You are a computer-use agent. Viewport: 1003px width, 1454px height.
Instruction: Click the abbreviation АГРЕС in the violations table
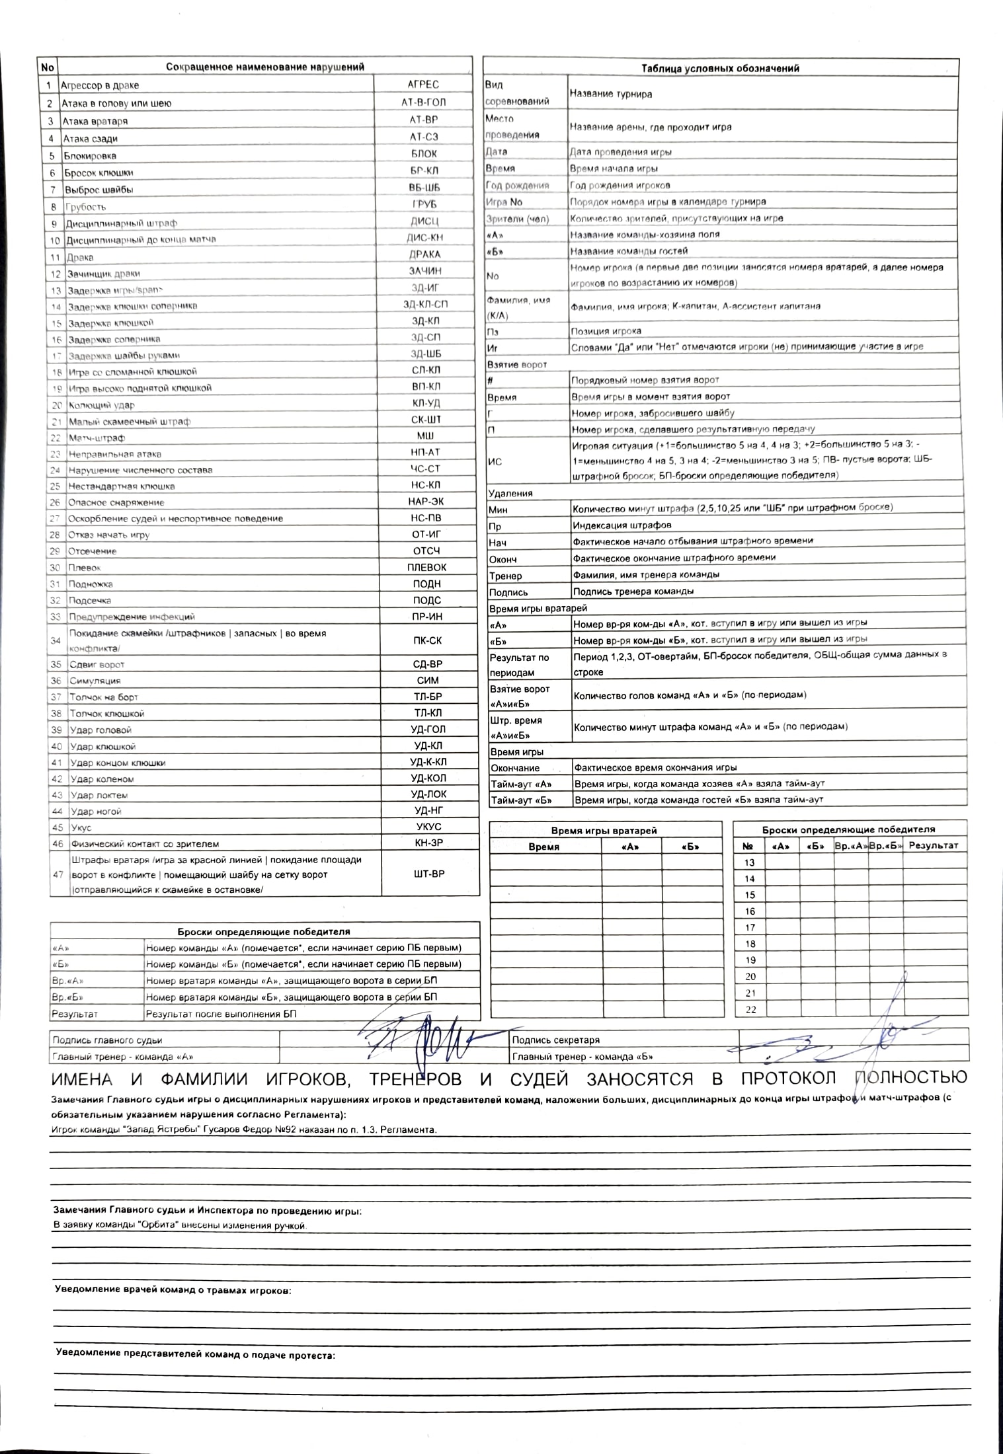(423, 85)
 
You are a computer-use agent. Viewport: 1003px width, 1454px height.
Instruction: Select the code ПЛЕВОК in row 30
(426, 568)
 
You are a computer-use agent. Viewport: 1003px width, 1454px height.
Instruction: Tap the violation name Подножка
(91, 584)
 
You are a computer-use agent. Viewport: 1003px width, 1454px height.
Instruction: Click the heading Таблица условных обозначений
(720, 68)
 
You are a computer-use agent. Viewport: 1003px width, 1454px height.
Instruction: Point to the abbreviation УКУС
(429, 827)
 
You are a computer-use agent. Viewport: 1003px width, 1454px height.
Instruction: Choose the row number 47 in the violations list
(58, 874)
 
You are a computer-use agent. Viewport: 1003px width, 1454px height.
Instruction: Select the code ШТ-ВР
(429, 874)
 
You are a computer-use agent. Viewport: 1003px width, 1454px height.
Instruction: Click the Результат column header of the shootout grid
(934, 845)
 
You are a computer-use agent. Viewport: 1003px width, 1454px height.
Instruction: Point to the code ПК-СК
(428, 640)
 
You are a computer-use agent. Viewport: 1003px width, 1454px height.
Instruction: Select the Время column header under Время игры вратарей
(544, 847)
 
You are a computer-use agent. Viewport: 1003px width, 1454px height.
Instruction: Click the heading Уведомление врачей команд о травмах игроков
(173, 1290)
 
